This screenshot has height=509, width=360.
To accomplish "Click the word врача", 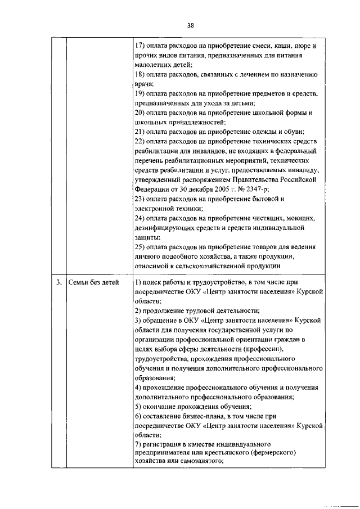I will (145, 83).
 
